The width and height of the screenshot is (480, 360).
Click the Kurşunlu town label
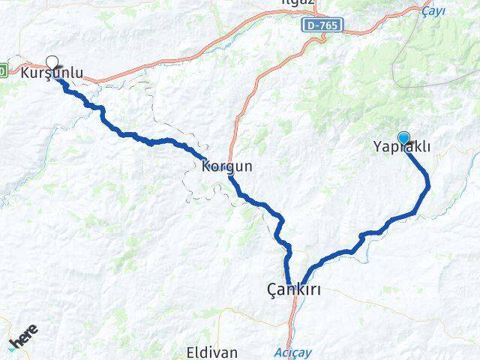pos(52,73)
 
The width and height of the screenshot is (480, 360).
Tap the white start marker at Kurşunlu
pos(52,61)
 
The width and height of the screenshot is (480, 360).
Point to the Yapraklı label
pos(401,148)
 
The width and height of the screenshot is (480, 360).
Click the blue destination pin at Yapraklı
pos(404,138)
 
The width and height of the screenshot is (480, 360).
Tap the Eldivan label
pos(212,351)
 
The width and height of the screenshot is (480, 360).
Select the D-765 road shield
pos(324,25)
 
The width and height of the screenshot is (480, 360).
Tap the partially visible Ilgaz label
pos(321,3)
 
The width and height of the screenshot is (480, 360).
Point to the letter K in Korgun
pos(205,166)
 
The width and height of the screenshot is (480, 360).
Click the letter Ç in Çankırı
pos(272,287)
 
